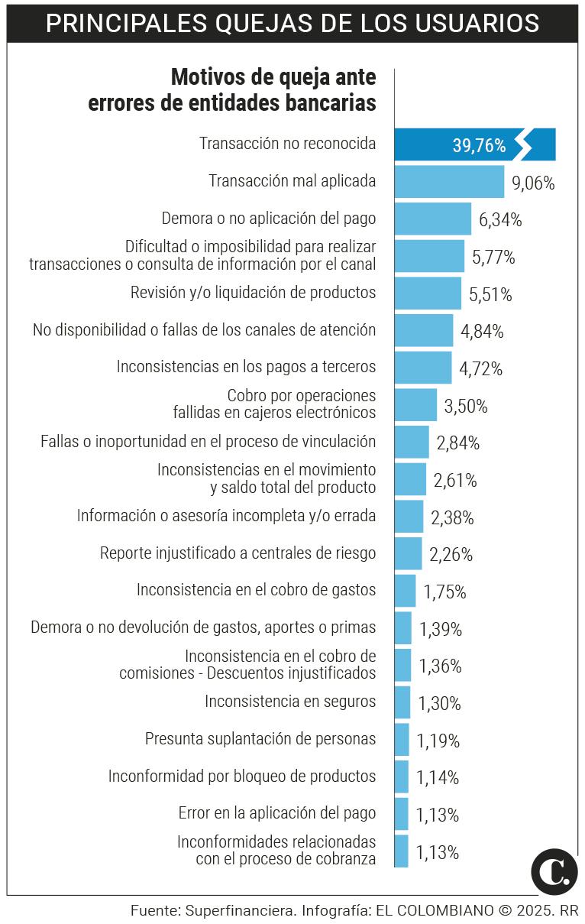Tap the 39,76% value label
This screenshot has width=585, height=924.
pyautogui.click(x=479, y=145)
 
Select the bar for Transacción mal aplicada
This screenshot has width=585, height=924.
pyautogui.click(x=449, y=181)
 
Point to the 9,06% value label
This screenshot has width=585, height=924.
pyautogui.click(x=533, y=183)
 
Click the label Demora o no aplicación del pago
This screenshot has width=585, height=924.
pyautogui.click(x=269, y=219)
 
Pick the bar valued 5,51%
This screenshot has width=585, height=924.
pyautogui.click(x=428, y=293)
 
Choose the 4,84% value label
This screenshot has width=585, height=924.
pyautogui.click(x=482, y=332)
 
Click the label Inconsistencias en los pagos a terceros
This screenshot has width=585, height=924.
pyautogui.click(x=246, y=367)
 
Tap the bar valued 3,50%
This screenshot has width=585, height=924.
pyautogui.click(x=415, y=405)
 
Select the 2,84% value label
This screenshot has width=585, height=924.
pyautogui.click(x=458, y=443)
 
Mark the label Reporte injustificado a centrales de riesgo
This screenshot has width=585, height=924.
pyautogui.click(x=238, y=553)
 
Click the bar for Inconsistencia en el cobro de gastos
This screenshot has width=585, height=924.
pyautogui.click(x=405, y=591)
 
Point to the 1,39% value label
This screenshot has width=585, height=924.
pyautogui.click(x=441, y=630)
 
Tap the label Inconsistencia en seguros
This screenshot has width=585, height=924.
pyautogui.click(x=290, y=701)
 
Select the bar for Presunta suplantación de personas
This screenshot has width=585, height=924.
pyautogui.click(x=402, y=739)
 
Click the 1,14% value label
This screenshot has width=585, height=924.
pyautogui.click(x=438, y=778)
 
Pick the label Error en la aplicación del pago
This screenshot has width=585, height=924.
pyautogui.click(x=276, y=813)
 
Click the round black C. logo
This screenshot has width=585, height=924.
pyautogui.click(x=554, y=871)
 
